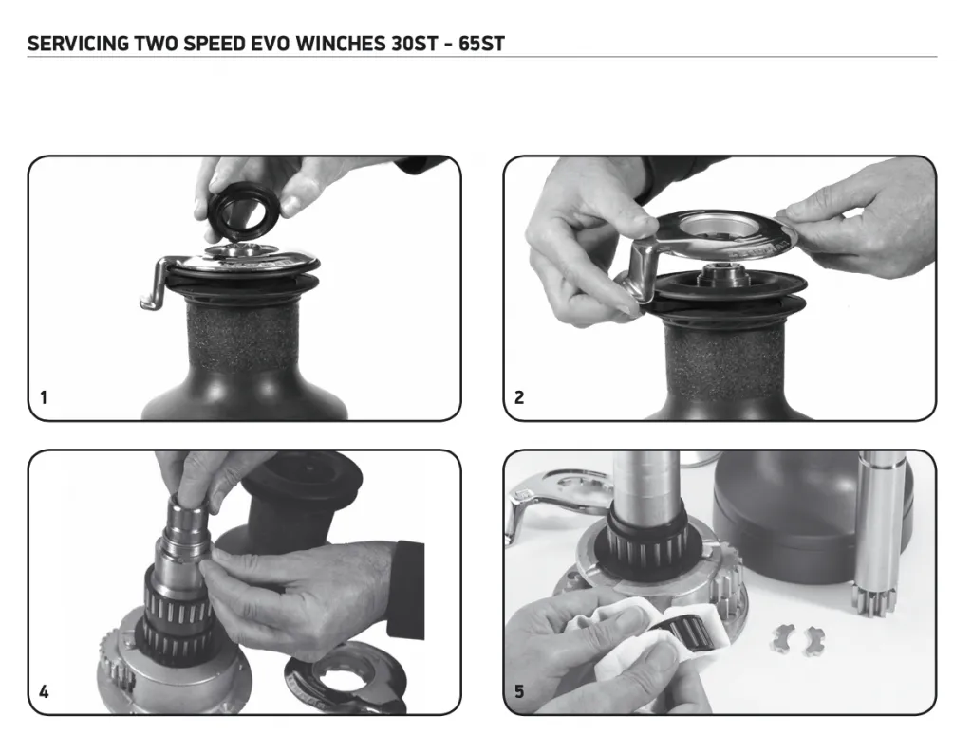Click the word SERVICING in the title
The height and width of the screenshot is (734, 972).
[x=78, y=44]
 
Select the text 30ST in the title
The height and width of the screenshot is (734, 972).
[x=415, y=44]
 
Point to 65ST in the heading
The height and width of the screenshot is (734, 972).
[x=481, y=44]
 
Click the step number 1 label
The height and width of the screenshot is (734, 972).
[x=44, y=397]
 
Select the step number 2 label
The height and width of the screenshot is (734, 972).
[x=519, y=397]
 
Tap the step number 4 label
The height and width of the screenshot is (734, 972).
[x=44, y=691]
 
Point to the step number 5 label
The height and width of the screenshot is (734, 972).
[x=519, y=691]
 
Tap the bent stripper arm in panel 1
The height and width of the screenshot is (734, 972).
[x=158, y=284]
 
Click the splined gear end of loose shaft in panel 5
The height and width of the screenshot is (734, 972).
[x=873, y=596]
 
